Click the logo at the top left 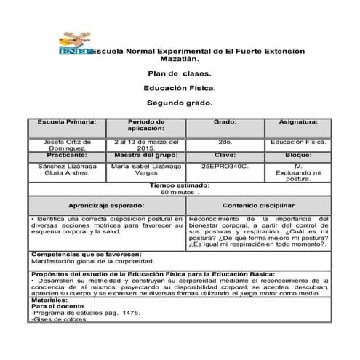(74, 46)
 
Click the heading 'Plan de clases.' (180, 74)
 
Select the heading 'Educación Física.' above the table (180, 89)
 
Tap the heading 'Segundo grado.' (180, 103)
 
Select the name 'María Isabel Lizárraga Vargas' (145, 170)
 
